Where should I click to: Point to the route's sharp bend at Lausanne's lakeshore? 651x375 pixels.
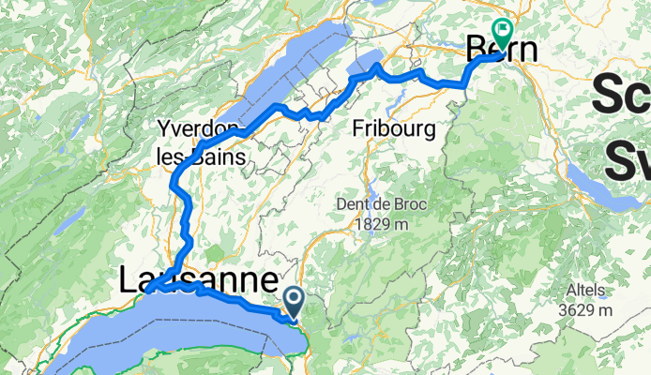tap(150, 285)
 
